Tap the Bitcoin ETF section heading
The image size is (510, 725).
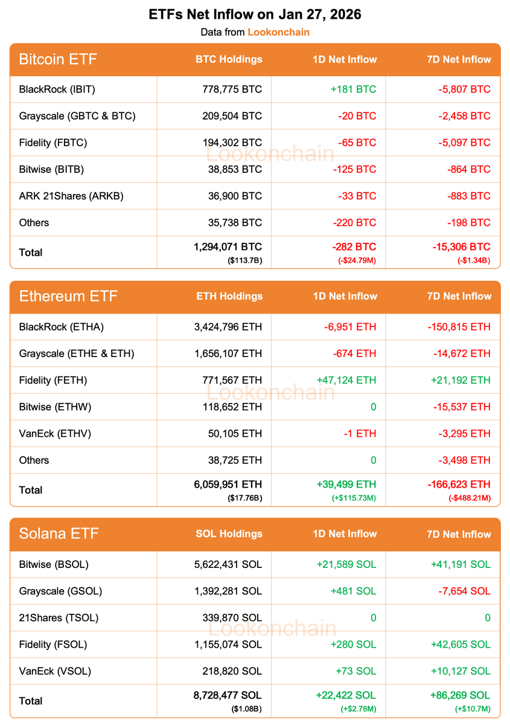tap(58, 59)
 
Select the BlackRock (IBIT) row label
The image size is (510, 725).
tap(57, 89)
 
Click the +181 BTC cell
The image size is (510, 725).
tap(353, 89)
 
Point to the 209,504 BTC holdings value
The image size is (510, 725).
tap(232, 116)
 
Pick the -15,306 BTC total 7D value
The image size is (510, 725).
tap(461, 247)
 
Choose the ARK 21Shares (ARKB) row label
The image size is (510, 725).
tap(71, 196)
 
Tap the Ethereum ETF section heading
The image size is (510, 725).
tap(68, 296)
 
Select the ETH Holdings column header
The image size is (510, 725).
tap(229, 296)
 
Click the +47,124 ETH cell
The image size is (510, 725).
tap(346, 380)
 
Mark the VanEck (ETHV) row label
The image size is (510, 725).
tap(56, 433)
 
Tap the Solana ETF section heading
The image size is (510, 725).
tap(59, 533)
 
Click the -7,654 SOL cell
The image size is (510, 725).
tap(464, 591)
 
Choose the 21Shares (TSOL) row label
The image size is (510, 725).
tap(59, 617)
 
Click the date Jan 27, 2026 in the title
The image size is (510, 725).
tap(320, 14)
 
